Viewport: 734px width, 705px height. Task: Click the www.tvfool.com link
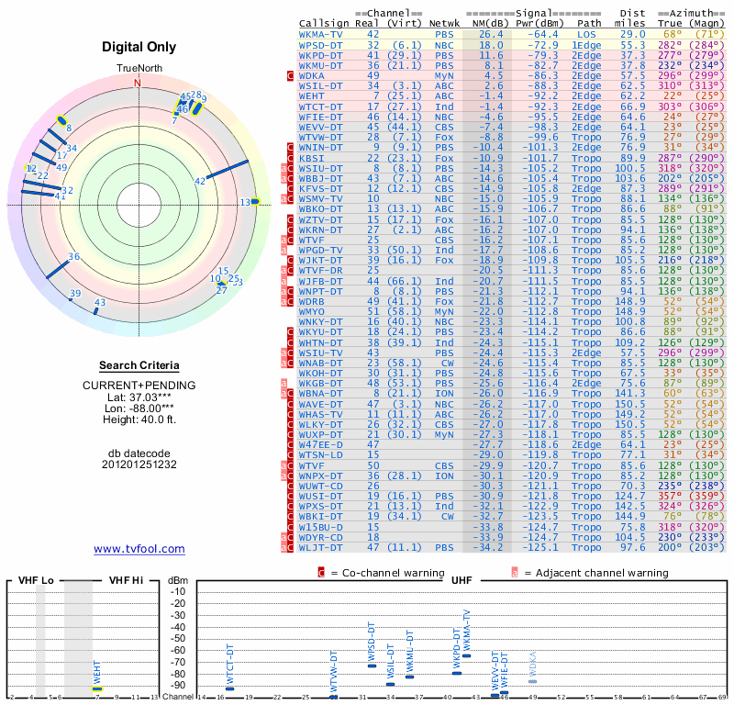139,549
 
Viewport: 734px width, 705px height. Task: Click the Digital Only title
139,46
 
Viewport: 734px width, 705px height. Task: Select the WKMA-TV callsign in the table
321,34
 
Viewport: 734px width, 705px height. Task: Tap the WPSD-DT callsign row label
321,45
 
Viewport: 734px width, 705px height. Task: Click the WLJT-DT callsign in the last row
321,547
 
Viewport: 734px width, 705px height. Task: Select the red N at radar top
139,83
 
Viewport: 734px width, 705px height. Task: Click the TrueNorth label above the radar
139,70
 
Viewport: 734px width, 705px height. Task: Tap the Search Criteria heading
139,365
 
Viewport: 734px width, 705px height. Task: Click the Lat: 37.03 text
139,396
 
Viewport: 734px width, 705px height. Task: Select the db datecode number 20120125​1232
139,464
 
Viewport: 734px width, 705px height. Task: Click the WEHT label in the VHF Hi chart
97,672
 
